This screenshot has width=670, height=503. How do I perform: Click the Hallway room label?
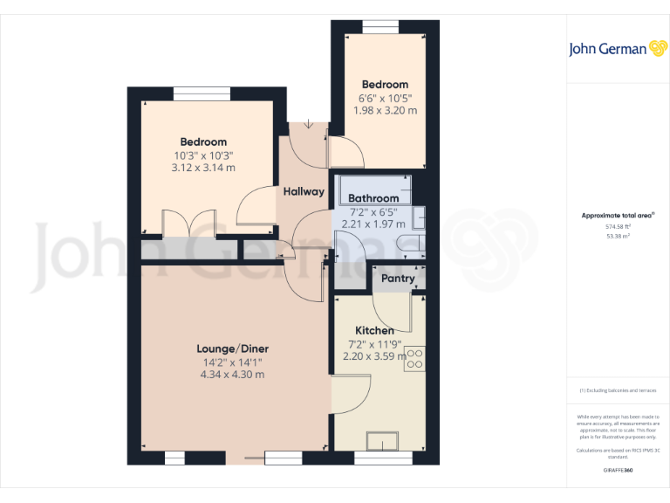click(x=304, y=191)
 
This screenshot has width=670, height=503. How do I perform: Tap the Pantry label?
click(x=397, y=279)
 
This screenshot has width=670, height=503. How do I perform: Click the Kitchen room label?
click(x=374, y=330)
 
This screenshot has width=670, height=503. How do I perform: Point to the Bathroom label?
click(x=373, y=198)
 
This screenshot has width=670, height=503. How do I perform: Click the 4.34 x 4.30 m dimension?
click(x=232, y=374)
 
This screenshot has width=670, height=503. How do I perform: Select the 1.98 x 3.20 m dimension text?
click(x=385, y=111)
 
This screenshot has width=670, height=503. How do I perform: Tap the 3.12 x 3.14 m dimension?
click(x=203, y=168)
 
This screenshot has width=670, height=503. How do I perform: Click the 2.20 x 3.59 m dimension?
click(x=374, y=355)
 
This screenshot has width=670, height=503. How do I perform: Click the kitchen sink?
click(x=383, y=441)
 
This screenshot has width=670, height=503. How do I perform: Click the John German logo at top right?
click(x=619, y=49)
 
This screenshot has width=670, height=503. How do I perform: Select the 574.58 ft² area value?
click(x=619, y=226)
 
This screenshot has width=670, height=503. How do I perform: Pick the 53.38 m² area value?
click(x=619, y=236)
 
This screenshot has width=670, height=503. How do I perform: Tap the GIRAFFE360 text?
click(x=619, y=470)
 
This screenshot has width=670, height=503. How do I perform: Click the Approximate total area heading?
click(x=618, y=215)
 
